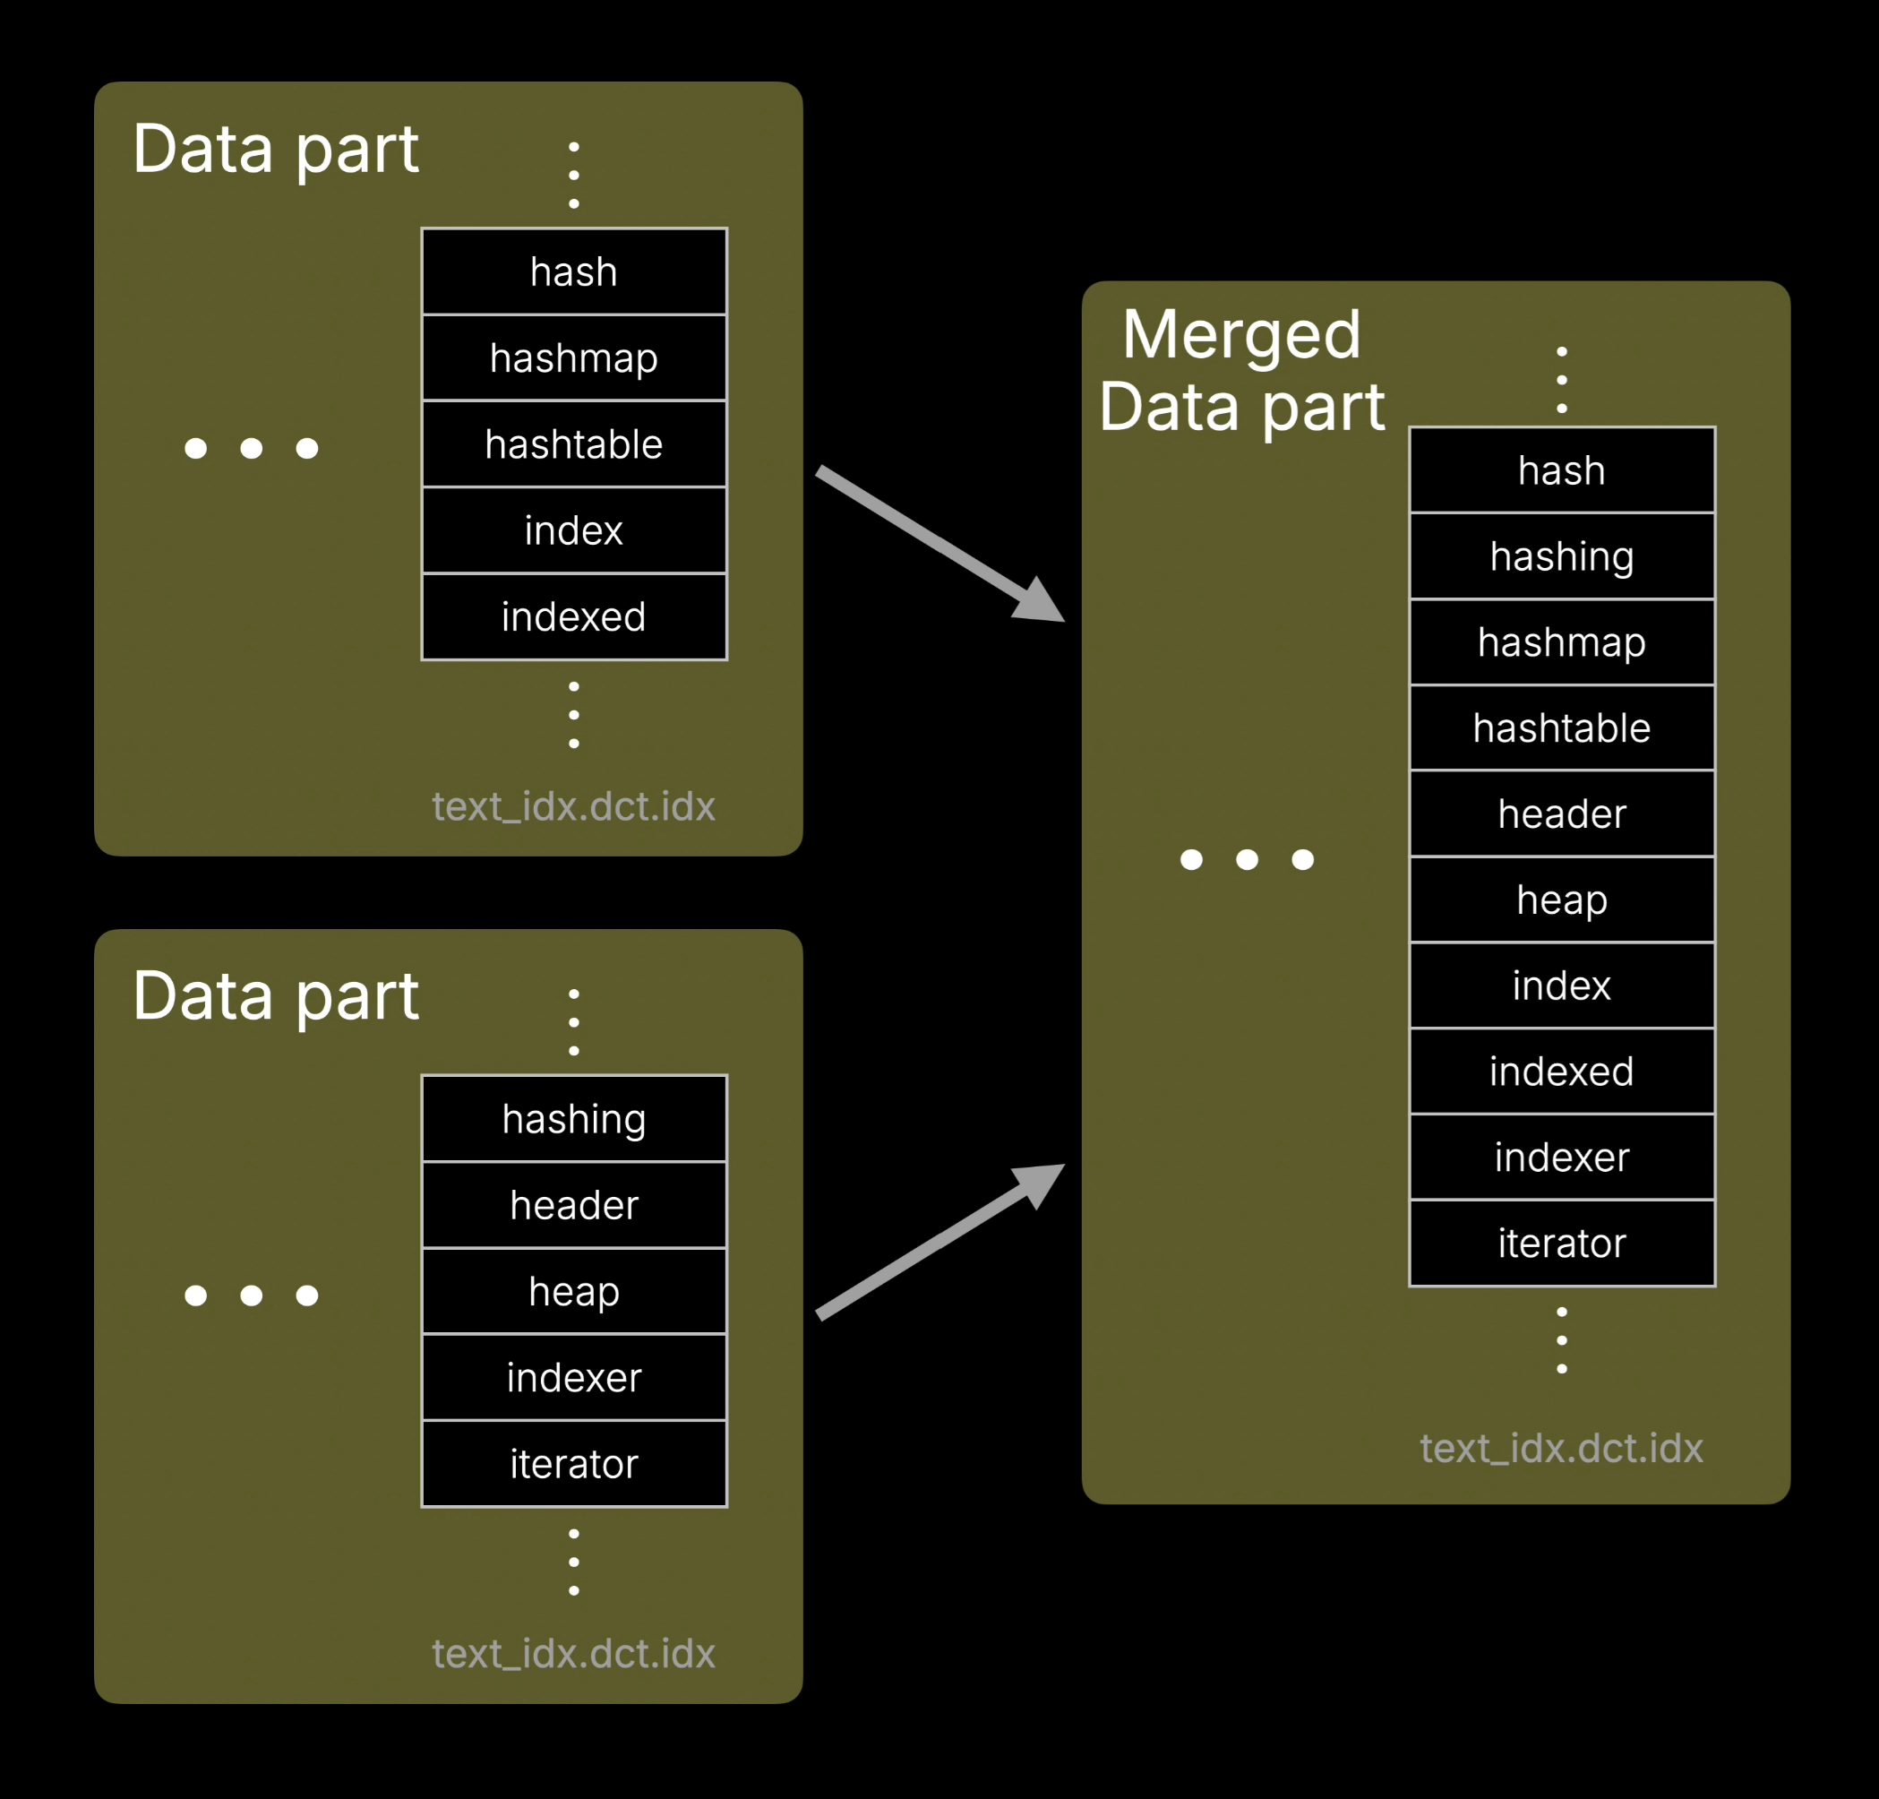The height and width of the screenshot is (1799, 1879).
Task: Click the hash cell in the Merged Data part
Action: tap(1561, 471)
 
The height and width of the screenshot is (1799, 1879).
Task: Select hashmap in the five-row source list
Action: tap(573, 357)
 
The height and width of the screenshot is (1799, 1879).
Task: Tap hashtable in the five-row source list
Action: tap(573, 444)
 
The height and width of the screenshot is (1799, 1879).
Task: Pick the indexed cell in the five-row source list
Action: tap(573, 616)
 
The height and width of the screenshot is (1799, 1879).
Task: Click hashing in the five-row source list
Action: tap(573, 1119)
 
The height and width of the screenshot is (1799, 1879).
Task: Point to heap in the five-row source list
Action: tap(573, 1291)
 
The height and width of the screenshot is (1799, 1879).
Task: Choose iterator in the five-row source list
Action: tap(573, 1463)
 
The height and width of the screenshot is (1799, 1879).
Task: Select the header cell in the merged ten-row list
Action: tap(1561, 813)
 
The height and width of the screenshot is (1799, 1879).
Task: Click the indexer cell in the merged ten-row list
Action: tap(1561, 1157)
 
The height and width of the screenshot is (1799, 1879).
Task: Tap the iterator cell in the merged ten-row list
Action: tap(1561, 1243)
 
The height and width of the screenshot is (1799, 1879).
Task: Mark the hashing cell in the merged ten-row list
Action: tap(1561, 556)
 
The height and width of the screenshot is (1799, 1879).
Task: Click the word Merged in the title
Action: tap(1240, 335)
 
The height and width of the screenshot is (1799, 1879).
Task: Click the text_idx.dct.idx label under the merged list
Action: tap(1561, 1448)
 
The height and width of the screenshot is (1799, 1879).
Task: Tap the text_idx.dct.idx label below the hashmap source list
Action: tap(573, 806)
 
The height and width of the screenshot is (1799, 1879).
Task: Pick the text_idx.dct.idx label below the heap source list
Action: tap(573, 1653)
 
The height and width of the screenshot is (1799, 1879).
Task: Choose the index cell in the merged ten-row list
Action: tap(1561, 986)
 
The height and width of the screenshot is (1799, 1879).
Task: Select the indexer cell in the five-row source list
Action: tap(573, 1377)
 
